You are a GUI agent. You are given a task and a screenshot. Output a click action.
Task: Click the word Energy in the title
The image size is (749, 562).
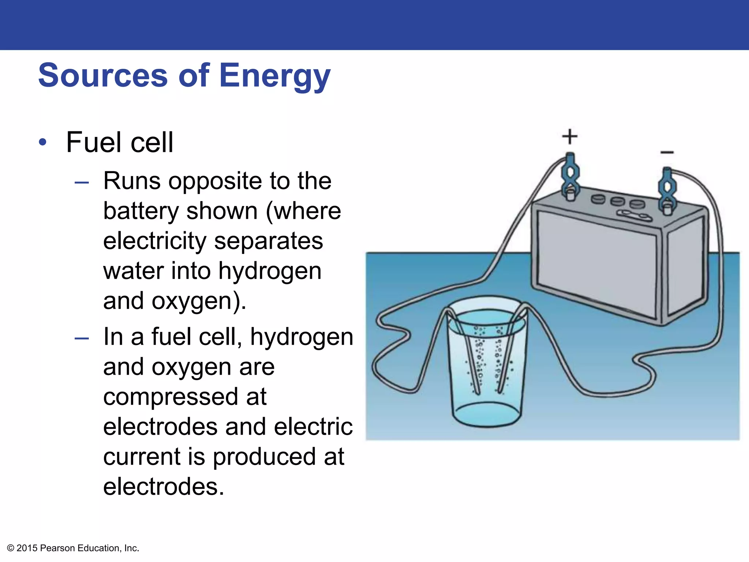275,76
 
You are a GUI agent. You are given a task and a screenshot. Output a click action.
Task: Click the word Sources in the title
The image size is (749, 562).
103,76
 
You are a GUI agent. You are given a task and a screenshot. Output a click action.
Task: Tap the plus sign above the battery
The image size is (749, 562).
569,137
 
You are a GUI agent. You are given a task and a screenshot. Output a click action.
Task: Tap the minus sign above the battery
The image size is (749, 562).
667,152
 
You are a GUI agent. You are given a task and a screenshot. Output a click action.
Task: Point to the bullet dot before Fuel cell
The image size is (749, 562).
43,142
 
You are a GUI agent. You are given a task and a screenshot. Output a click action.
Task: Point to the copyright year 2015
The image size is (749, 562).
27,548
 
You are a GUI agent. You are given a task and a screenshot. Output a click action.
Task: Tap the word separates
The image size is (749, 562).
268,241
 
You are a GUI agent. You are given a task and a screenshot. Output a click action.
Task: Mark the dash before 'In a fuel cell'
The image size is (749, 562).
82,338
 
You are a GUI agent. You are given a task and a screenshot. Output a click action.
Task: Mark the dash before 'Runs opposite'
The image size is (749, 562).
82,182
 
